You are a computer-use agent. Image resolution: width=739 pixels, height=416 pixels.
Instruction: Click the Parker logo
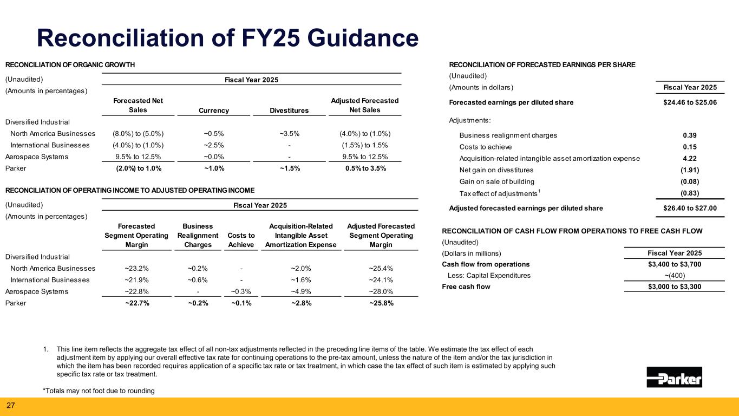(x=674, y=377)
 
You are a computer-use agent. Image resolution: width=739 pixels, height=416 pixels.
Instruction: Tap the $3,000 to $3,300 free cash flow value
(x=674, y=287)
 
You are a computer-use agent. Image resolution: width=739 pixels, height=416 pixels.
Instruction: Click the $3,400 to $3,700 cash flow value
(x=674, y=264)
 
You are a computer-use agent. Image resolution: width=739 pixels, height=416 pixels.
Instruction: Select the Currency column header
(x=214, y=110)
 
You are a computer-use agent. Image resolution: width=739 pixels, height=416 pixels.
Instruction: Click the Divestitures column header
(x=290, y=110)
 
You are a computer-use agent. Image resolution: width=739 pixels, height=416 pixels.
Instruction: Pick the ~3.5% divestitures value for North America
(x=290, y=134)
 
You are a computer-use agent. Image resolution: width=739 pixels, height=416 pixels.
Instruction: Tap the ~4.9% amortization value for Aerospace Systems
(x=300, y=291)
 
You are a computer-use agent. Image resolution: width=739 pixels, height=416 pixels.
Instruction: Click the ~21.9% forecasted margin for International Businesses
(x=138, y=280)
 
